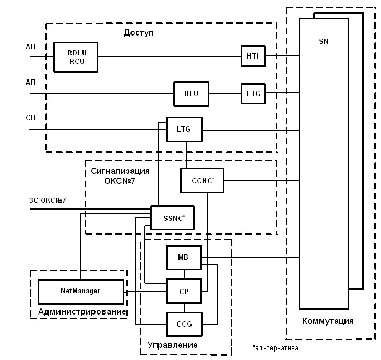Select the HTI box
point(253,56)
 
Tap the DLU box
point(191,94)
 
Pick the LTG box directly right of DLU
point(253,94)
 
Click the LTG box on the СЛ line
point(184,129)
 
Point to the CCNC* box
point(201,181)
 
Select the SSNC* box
point(172,218)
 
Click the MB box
point(183,257)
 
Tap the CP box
point(183,291)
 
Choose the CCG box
point(183,324)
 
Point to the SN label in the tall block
point(324,41)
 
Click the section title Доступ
point(139,33)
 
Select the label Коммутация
point(328,321)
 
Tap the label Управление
point(173,345)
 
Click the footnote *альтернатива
point(276,347)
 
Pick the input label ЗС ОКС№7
point(47,200)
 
